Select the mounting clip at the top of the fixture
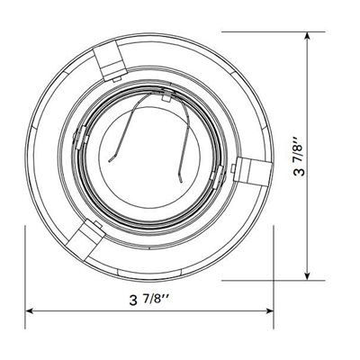coord(110,61)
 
